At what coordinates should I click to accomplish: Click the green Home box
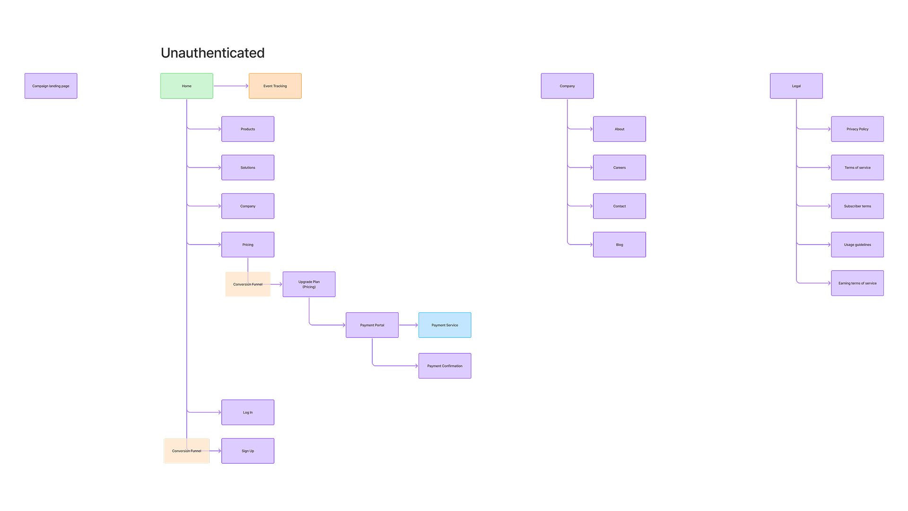click(186, 86)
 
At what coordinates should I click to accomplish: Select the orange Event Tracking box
click(275, 86)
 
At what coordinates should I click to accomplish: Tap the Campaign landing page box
click(51, 86)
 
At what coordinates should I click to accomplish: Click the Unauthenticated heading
click(212, 53)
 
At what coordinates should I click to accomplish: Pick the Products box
click(247, 129)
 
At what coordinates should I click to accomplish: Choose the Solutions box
click(247, 167)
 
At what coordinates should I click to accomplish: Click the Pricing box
click(247, 245)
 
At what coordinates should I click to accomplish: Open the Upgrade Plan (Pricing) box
click(309, 284)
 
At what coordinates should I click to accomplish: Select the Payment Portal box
click(372, 325)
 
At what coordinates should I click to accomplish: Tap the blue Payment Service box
click(445, 325)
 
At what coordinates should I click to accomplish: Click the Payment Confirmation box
click(445, 366)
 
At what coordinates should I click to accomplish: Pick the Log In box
click(247, 412)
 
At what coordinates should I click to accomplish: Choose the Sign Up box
click(247, 451)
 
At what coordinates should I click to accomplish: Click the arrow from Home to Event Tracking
click(231, 86)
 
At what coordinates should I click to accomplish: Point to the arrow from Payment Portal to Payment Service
click(409, 325)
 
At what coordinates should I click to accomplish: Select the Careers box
click(619, 167)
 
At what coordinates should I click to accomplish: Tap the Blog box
click(619, 245)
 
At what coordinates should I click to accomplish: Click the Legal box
click(796, 86)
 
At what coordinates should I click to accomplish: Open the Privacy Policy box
click(857, 129)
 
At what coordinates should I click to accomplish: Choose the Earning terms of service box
click(857, 283)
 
